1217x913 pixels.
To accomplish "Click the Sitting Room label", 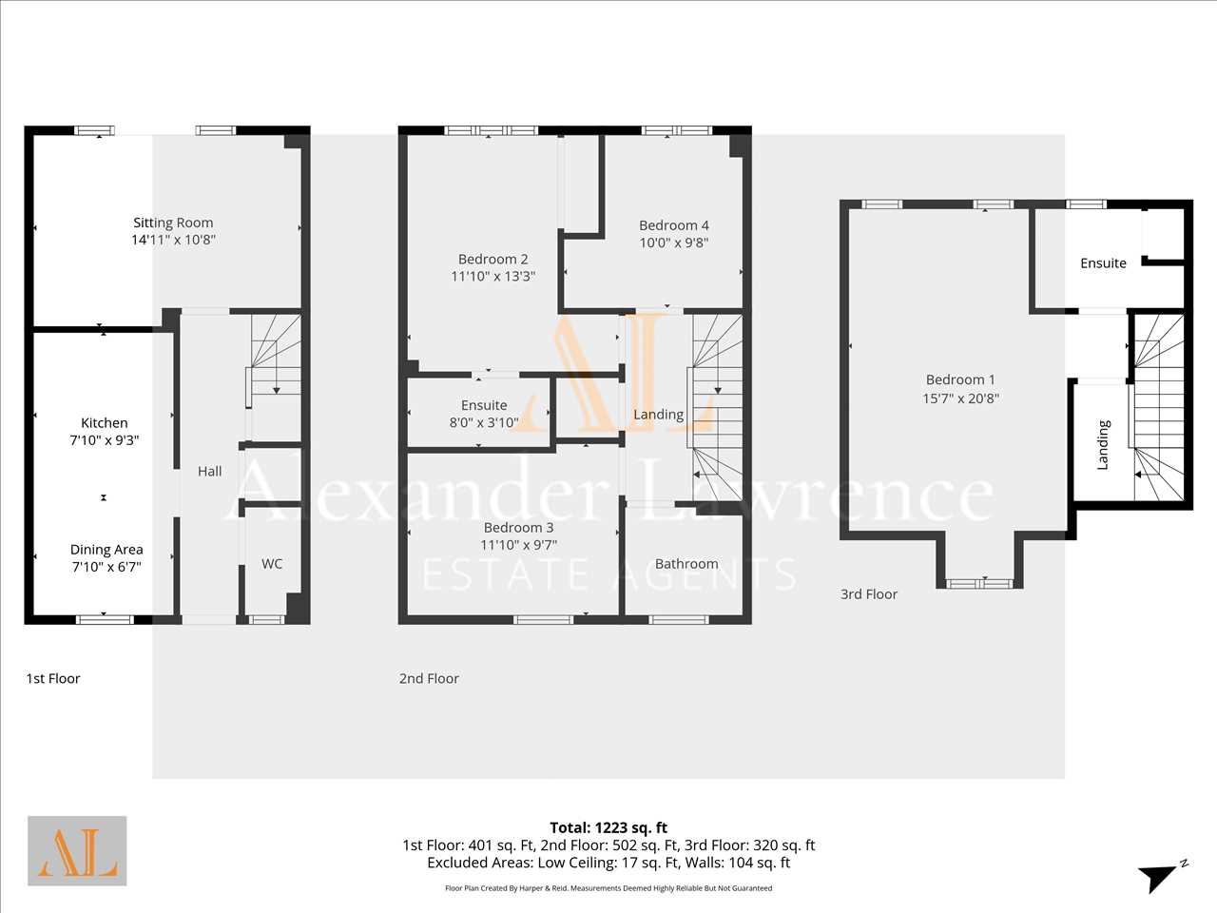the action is pos(173,223).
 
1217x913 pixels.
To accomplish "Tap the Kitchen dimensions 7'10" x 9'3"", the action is pos(105,440).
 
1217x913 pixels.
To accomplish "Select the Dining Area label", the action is pos(106,550).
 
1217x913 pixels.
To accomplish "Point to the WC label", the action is pos(272,564).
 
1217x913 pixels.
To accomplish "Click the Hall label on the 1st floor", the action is pos(209,471).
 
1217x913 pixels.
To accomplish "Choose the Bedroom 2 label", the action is pos(493,259).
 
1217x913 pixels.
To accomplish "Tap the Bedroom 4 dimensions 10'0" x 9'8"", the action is pos(674,243).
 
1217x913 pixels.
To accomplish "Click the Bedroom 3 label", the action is pos(518,527).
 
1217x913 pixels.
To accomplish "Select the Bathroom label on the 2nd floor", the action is pos(686,564).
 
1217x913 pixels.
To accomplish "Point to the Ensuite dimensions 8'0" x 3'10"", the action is pos(484,422).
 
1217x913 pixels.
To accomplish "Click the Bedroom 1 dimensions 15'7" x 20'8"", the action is pos(960,398).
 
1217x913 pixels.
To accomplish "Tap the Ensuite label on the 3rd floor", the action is pos(1103,263).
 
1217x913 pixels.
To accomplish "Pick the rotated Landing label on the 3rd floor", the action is pos(1103,445).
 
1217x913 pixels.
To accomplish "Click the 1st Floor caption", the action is pos(53,678).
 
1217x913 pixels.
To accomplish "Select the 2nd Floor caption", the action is pos(429,678).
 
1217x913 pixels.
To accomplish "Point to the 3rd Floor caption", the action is pos(869,594).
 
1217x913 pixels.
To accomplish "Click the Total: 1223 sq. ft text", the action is pos(608,827).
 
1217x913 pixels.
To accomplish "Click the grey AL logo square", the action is pos(77,851).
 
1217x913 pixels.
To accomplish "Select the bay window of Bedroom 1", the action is pos(979,583).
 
